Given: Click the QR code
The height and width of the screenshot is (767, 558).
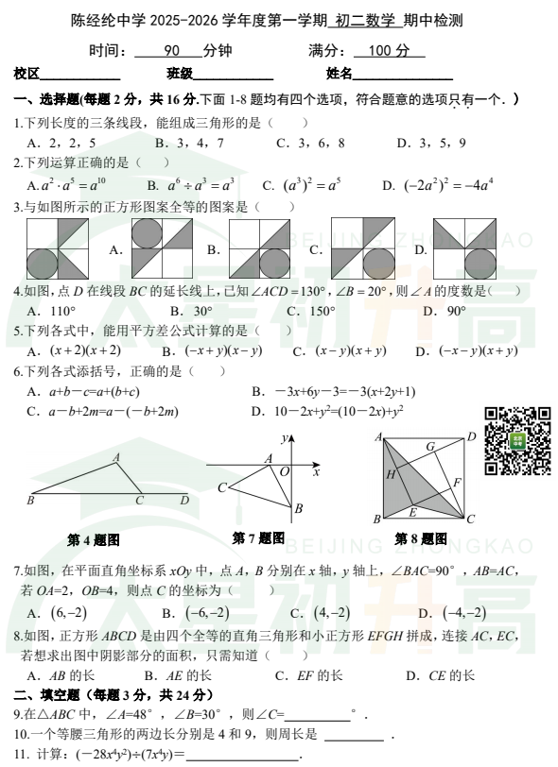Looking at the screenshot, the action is click(517, 442).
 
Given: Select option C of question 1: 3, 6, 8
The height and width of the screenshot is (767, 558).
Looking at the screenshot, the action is click(310, 143).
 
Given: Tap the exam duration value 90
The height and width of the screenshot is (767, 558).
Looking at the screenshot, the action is click(172, 50).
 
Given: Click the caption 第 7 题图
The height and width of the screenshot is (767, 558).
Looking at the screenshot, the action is click(257, 537).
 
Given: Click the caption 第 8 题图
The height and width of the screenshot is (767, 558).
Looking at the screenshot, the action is click(421, 538).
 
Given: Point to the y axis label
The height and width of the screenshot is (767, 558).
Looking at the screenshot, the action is click(284, 438).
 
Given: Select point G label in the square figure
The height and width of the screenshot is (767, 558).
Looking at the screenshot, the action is click(429, 447).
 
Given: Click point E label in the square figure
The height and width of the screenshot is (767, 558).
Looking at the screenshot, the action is click(411, 513).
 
